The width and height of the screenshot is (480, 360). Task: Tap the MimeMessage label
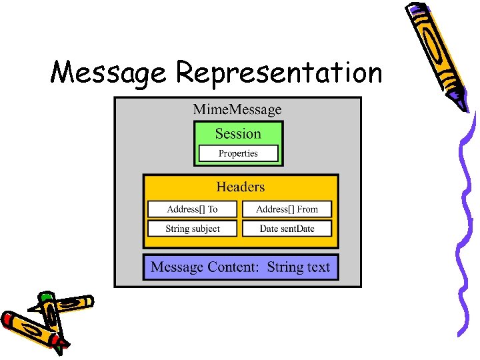[237, 109]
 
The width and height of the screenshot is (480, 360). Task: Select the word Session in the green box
[238, 133]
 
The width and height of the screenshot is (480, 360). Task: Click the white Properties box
[238, 153]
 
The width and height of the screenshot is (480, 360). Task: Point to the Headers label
[240, 187]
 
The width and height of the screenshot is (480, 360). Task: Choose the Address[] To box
[192, 209]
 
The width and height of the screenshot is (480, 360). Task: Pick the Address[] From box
[287, 209]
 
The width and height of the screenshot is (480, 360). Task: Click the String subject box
[192, 229]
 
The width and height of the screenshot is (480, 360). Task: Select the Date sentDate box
[287, 229]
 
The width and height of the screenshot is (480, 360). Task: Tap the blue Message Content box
[241, 267]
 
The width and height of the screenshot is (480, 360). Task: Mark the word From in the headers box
[307, 209]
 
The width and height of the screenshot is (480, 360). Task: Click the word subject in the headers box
[206, 229]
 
